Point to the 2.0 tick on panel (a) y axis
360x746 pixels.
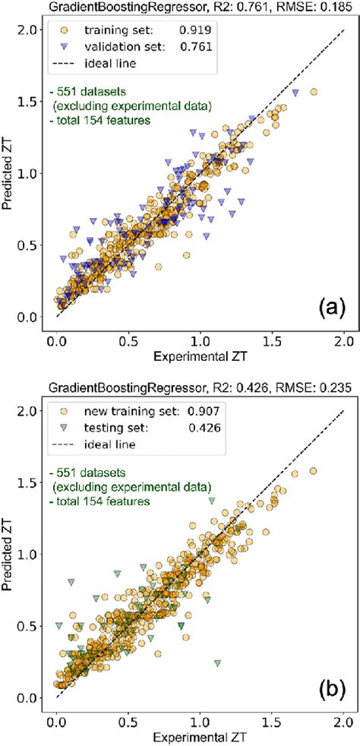[x=33, y=30]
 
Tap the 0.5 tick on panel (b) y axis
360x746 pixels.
[x=33, y=626]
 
